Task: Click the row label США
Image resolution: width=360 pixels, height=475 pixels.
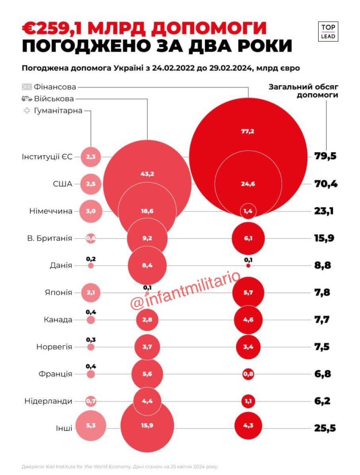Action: (63, 184)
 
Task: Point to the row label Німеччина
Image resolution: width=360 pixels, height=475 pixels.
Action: (51, 212)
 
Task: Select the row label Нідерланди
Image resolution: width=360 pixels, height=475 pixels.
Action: (48, 400)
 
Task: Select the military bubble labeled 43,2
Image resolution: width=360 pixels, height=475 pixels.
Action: (147, 174)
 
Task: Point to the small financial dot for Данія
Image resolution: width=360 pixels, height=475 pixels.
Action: (248, 266)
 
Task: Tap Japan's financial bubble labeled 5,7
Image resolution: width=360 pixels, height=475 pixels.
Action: (248, 293)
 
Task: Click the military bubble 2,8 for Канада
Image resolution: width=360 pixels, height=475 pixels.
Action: (147, 320)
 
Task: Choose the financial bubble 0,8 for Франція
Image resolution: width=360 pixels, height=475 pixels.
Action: (248, 374)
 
